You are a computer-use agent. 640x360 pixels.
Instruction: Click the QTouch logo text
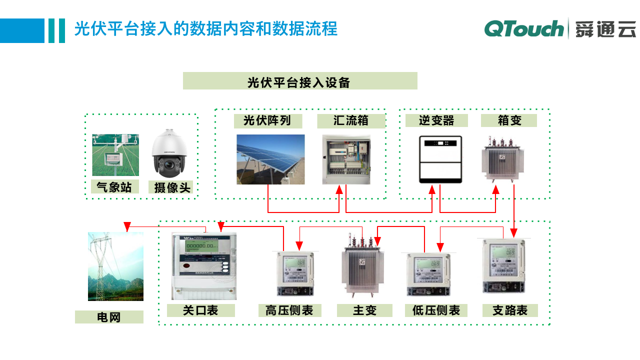pos(523,28)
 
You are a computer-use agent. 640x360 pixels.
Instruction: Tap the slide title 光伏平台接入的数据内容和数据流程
pos(205,28)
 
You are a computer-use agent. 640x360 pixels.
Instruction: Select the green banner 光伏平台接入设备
pos(300,81)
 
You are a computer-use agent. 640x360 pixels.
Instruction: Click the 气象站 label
pos(114,187)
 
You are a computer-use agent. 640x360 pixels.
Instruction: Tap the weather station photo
pos(115,155)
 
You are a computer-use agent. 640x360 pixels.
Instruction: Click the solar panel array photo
pos(270,159)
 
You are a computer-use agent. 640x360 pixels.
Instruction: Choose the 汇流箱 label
pos(351,121)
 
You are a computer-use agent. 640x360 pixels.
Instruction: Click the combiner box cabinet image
pos(346,159)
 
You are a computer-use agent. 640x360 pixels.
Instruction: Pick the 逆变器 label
pos(436,121)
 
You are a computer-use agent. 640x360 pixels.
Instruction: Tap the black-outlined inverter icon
pos(440,159)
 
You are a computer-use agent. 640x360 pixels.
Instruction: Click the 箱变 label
pos(509,121)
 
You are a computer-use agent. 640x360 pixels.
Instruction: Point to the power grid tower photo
pos(115,266)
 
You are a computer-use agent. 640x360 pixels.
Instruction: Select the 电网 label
pos(109,317)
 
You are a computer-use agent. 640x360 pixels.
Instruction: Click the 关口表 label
pos(200,310)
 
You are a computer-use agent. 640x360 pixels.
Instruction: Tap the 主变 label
pos(364,310)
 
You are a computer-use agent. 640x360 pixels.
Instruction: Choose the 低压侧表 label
pos(436,310)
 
